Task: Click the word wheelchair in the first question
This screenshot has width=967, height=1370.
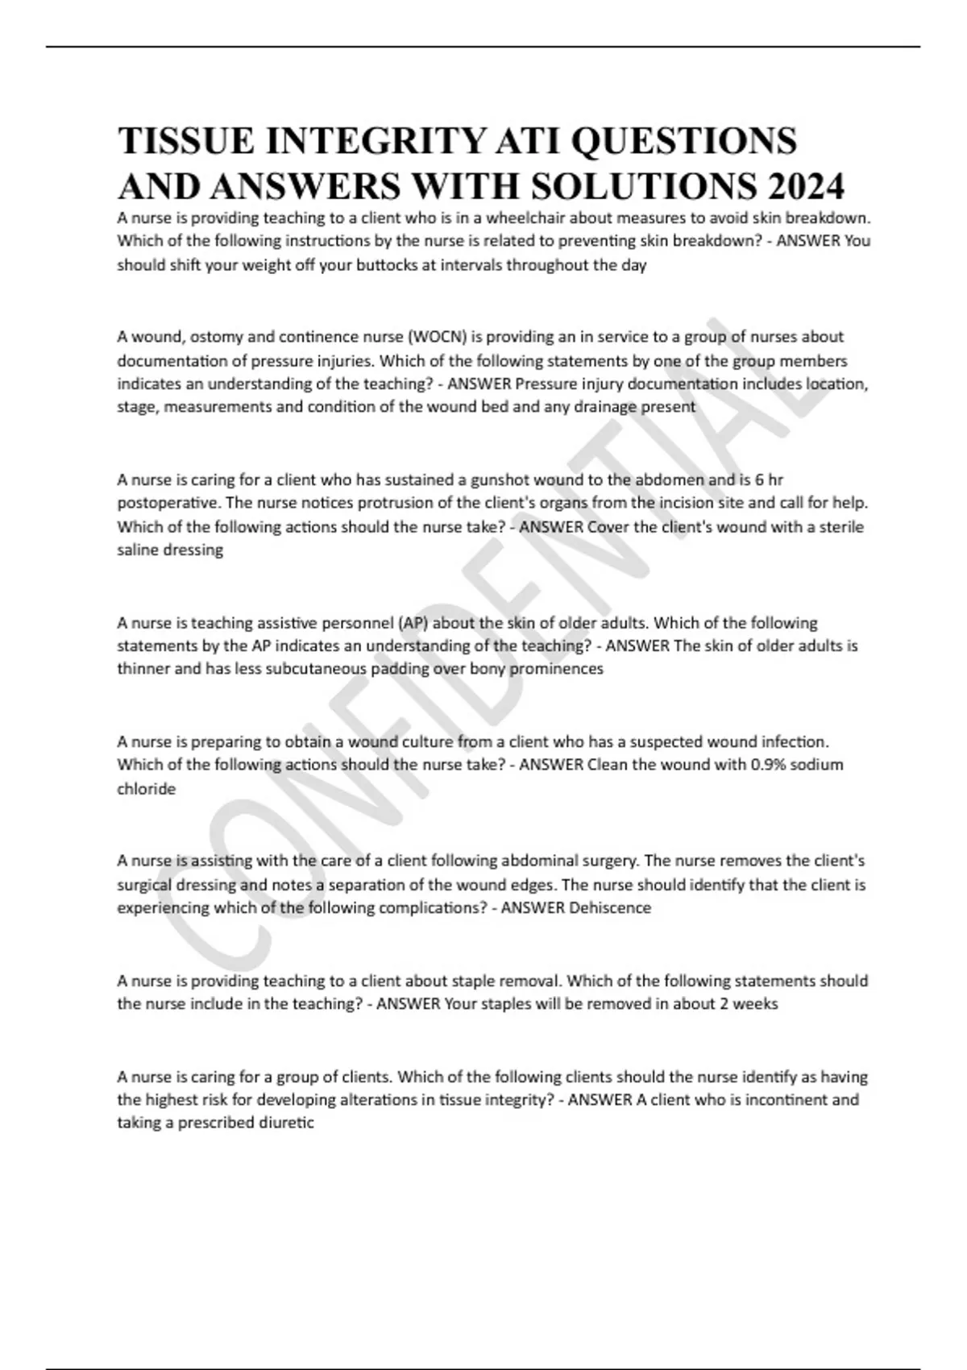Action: point(525,218)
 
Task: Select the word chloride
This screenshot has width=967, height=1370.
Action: point(146,789)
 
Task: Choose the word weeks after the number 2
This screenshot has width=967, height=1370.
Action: point(754,1004)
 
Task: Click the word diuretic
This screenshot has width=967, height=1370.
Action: point(286,1123)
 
